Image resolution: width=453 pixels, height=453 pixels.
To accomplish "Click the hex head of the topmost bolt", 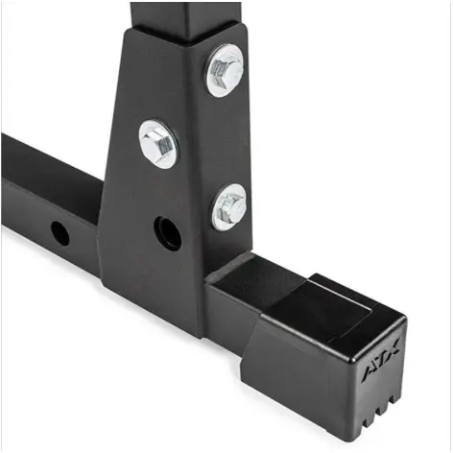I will [x=225, y=70].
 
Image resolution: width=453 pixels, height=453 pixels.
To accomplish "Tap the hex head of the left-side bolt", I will [x=158, y=144].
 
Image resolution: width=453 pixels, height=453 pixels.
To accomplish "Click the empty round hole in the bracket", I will [x=168, y=232].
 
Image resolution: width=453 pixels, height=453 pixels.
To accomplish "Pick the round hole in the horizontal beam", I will [x=60, y=231].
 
